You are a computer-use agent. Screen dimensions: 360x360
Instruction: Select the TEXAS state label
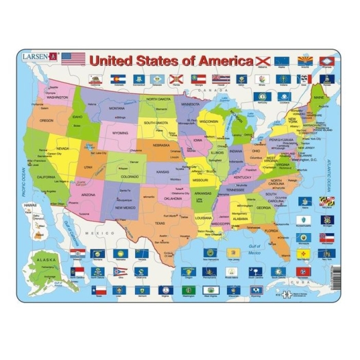159,223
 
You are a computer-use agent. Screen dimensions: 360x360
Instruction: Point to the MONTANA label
116,108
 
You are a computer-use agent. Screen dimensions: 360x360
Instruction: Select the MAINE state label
318,99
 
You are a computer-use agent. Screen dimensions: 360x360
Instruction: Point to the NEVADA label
63,148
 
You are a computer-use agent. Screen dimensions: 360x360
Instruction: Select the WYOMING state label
121,132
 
